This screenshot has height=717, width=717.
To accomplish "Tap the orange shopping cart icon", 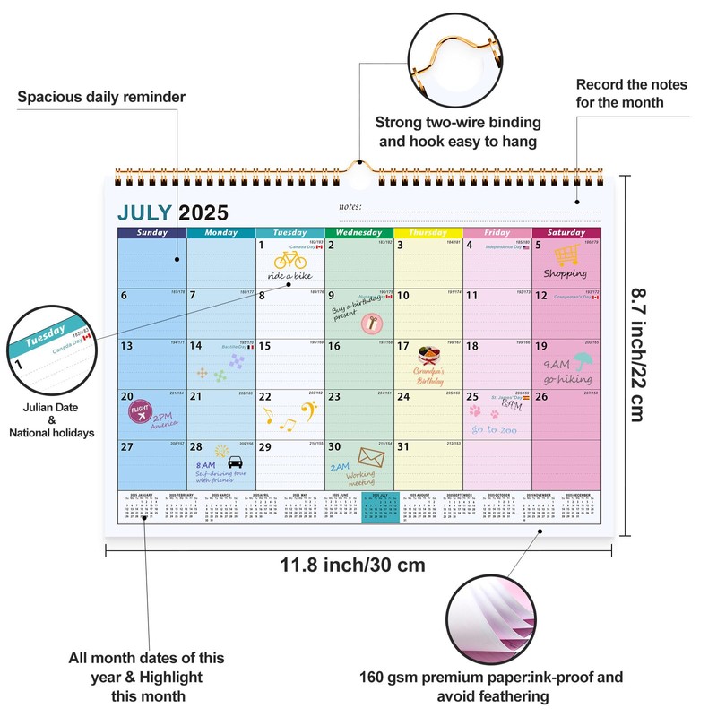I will (566, 255).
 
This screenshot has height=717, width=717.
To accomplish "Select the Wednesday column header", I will (358, 233).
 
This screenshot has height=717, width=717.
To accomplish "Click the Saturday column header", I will (566, 233).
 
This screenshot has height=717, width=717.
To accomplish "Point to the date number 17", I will (403, 346).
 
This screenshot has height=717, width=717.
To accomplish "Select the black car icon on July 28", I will (236, 462).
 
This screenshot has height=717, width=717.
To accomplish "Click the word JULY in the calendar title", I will (146, 212).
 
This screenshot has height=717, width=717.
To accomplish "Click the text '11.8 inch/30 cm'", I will (352, 566).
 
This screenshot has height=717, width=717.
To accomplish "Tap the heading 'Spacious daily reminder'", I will (101, 96).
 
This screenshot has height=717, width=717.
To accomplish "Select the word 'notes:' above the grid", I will (351, 208).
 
